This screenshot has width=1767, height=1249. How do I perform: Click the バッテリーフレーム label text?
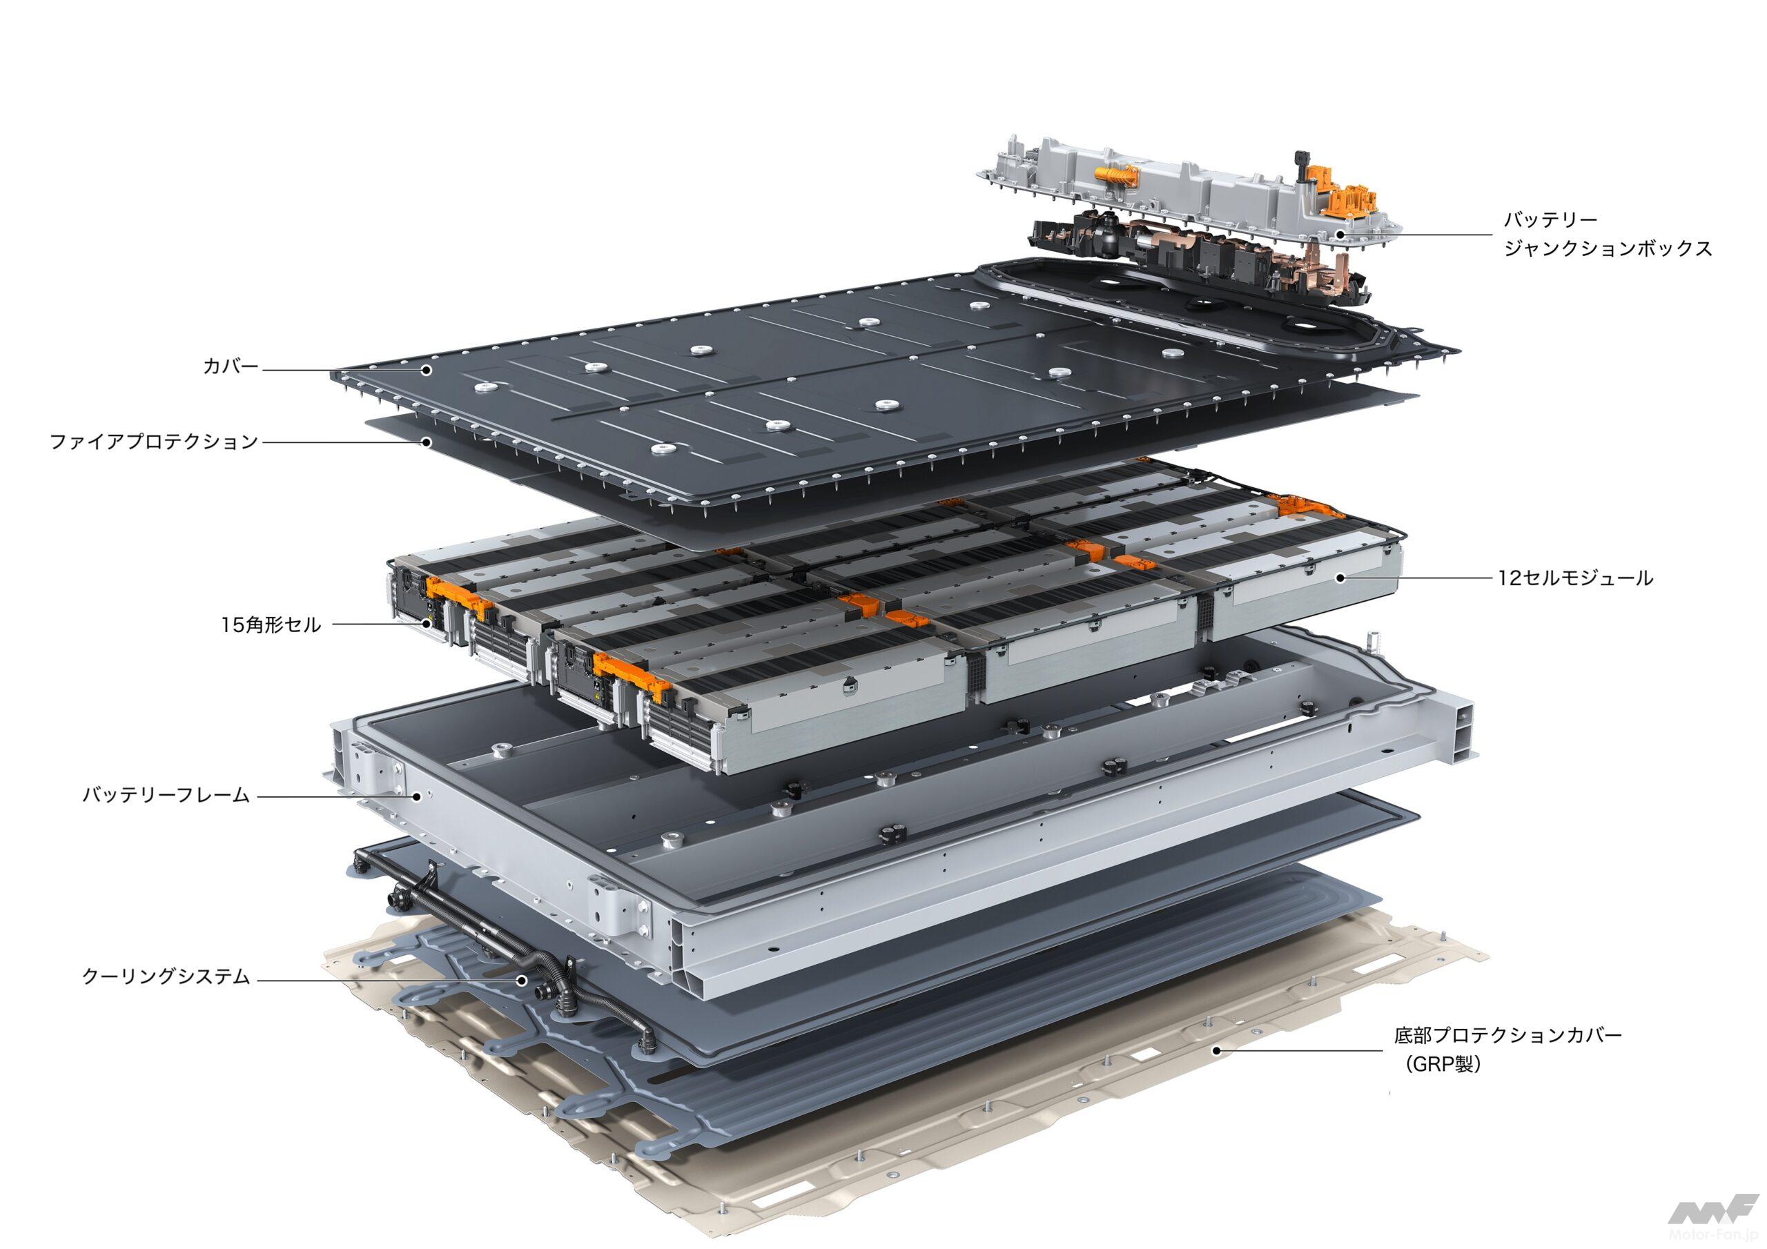166,795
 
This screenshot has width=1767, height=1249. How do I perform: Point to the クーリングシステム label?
166,977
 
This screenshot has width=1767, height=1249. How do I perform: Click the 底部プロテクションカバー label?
1508,1035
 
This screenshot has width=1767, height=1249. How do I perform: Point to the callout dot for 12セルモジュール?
1340,577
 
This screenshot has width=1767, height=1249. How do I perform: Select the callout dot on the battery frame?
417,796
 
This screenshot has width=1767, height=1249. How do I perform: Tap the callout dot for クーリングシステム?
522,980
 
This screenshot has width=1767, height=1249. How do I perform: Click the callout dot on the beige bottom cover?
1216,1050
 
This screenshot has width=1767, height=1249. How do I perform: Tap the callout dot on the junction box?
1340,234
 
